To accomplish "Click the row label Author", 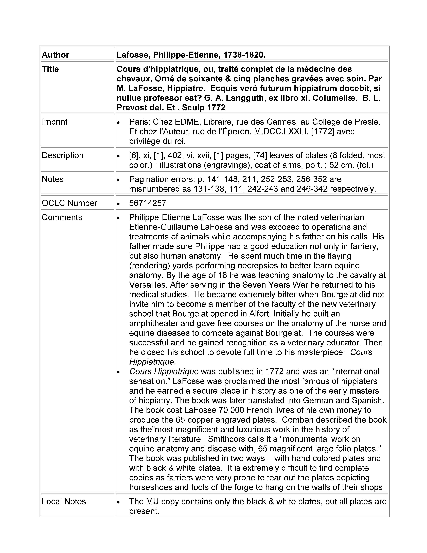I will pyautogui.click(x=55, y=55).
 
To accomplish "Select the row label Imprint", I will pyautogui.click(x=55, y=122).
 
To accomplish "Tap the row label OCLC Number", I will pyautogui.click(x=69, y=203).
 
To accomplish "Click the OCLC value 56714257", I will pyautogui.click(x=148, y=203).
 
